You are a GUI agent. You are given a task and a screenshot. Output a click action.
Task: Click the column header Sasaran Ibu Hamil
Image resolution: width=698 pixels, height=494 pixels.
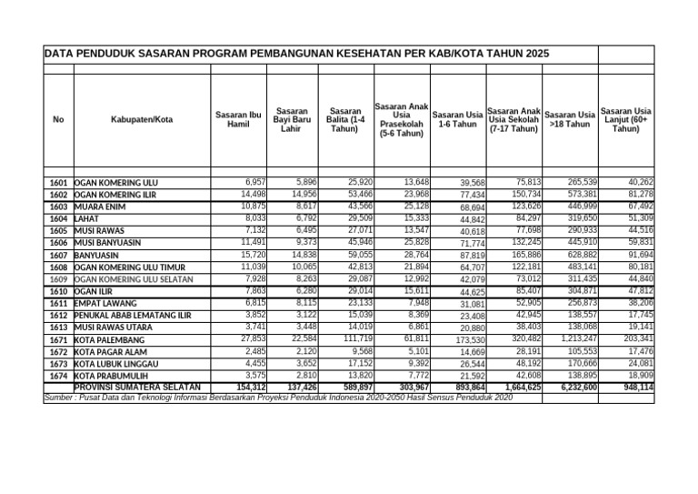[238, 119]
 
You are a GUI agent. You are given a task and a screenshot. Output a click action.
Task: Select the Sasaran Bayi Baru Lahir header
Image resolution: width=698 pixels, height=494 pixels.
[292, 119]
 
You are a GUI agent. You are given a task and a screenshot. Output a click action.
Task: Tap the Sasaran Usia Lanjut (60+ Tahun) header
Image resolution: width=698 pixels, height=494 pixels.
[625, 119]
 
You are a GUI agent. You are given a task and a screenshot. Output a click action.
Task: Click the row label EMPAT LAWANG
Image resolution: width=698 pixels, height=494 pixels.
[107, 303]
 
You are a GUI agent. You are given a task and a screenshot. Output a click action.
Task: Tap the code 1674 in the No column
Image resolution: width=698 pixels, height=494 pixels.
[59, 376]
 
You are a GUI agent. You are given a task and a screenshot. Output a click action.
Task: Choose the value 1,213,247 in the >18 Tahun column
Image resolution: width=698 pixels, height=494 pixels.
[574, 338]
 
